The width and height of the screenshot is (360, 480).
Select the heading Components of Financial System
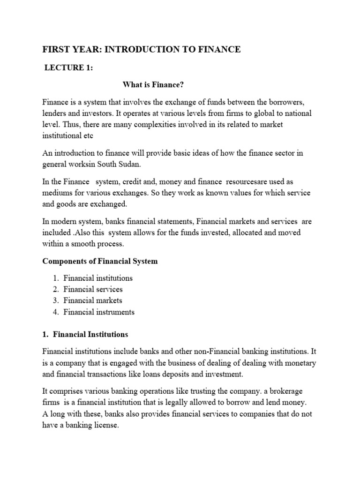pyautogui.click(x=100, y=262)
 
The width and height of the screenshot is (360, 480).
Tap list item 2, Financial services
pyautogui.click(x=93, y=289)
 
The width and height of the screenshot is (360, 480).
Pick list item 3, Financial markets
pyautogui.click(x=93, y=300)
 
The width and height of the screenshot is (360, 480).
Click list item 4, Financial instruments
pyautogui.click(x=99, y=312)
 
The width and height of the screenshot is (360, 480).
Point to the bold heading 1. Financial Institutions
pyautogui.click(x=85, y=334)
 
